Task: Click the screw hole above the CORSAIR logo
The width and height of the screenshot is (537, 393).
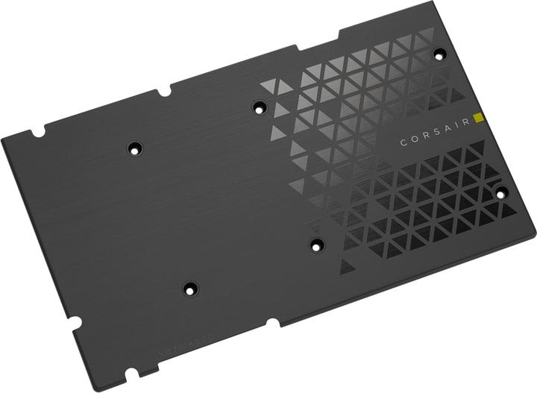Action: pos(439,54)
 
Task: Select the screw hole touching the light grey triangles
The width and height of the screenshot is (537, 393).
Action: pos(259,107)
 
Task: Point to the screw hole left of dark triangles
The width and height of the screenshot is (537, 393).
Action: pos(315,242)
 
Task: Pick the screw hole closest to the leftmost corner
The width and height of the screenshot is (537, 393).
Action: pos(135,148)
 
